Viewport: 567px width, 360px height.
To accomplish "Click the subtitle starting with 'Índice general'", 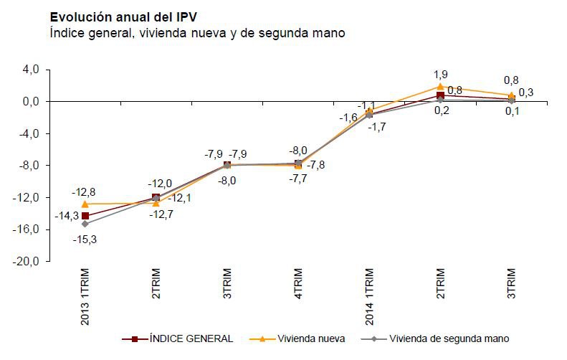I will pyautogui.click(x=197, y=33).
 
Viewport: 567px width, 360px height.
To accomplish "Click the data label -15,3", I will pyautogui.click(x=85, y=240).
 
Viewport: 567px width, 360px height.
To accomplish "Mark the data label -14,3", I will pyautogui.click(x=65, y=215).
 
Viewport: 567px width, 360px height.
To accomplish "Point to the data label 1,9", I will pyautogui.click(x=440, y=74).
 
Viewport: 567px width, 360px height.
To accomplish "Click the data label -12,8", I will pyautogui.click(x=85, y=191).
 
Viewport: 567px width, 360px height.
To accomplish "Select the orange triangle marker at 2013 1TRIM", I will pyautogui.click(x=85, y=204).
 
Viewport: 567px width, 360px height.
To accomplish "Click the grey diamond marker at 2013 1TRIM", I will pyautogui.click(x=85, y=224).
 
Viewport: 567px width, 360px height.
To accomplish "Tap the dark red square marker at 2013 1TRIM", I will pyautogui.click(x=85, y=216).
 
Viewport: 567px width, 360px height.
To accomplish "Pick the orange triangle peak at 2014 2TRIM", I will pyautogui.click(x=441, y=86).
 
